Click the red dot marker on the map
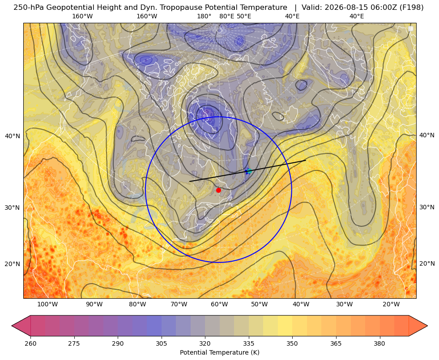(219, 190)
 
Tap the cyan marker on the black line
(249, 171)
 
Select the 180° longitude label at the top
(204, 16)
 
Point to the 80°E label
(227, 16)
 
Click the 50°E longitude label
(244, 16)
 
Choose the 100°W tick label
(47, 305)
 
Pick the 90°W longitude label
(94, 305)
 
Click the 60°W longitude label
(219, 305)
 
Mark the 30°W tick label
(345, 305)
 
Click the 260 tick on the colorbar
(30, 343)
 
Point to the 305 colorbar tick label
(161, 343)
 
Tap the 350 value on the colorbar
(292, 343)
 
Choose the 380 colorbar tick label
(379, 343)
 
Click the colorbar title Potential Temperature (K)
(219, 352)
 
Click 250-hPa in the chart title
(29, 8)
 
